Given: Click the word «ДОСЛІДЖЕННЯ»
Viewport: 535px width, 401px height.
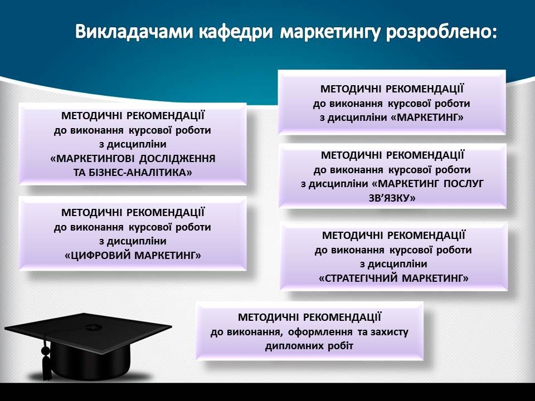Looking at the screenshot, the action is pyautogui.click(x=177, y=159).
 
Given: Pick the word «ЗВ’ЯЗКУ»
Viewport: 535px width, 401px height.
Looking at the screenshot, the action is pyautogui.click(x=392, y=198).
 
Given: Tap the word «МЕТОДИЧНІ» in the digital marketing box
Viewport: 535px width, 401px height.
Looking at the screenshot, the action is pyautogui.click(x=91, y=213).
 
